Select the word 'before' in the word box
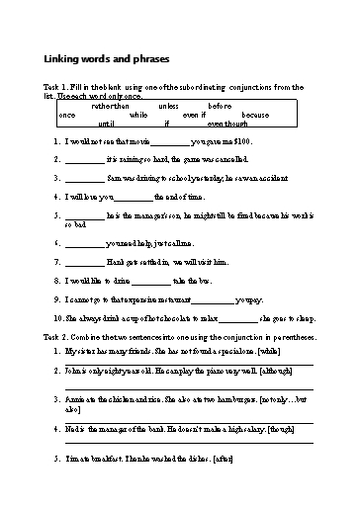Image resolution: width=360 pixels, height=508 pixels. tap(221, 106)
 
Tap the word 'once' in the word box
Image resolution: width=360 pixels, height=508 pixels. tap(67, 115)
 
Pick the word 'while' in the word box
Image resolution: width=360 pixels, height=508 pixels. tap(137, 115)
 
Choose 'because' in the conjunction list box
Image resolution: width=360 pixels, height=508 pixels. tap(255, 115)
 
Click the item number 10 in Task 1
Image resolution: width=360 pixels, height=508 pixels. tap(57, 318)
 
